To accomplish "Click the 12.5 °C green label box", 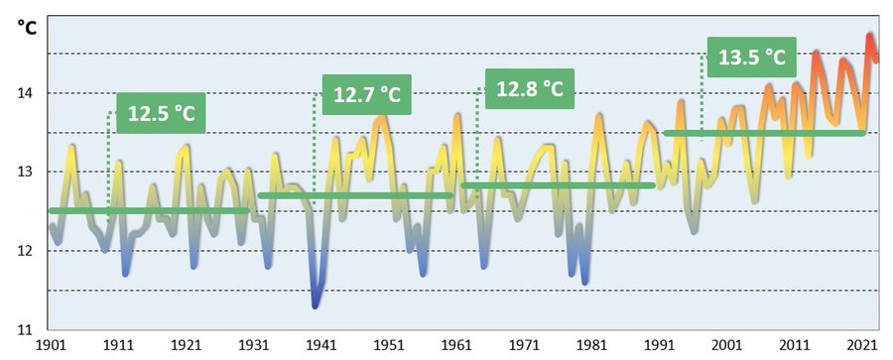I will click(161, 114).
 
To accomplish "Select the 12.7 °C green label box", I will click(366, 95).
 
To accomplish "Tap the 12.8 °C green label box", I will click(529, 88).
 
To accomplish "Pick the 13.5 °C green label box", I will click(751, 57).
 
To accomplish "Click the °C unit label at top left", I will click(27, 27).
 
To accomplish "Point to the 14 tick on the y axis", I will click(26, 93).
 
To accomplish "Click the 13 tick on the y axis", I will click(26, 172).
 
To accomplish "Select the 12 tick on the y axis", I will click(26, 250).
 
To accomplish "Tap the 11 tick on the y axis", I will click(26, 328).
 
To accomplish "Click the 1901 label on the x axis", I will click(52, 345).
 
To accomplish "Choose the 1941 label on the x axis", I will click(321, 345).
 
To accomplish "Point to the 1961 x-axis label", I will click(456, 345).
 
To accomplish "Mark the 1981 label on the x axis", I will click(591, 345).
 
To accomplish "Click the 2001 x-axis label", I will click(726, 345).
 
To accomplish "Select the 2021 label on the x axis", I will click(859, 345).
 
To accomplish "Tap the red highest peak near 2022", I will click(870, 37).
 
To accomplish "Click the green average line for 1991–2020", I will click(764, 133).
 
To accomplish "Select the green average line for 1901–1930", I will click(149, 210).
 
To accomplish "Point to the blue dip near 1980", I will click(584, 281).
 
